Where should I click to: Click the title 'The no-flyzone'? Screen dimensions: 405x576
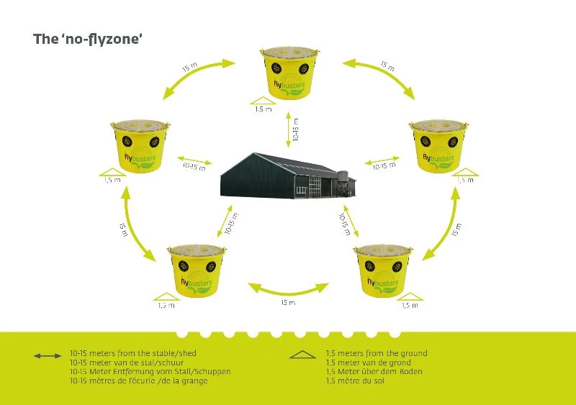(87, 39)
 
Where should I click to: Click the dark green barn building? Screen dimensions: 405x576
(277, 175)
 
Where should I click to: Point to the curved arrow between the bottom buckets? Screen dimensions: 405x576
(287, 288)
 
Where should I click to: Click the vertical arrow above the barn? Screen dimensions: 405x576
(288, 130)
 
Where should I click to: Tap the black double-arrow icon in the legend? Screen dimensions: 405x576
(48, 355)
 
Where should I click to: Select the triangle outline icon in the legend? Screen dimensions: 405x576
(302, 355)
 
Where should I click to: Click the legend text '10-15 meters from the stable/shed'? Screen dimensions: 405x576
(132, 353)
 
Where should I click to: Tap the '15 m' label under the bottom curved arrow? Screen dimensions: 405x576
(288, 303)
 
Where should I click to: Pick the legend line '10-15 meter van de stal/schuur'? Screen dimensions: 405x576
(123, 363)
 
